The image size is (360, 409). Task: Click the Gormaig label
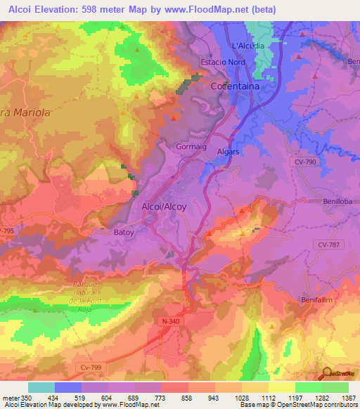pyautogui.click(x=190, y=146)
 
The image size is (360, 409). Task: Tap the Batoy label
pyautogui.click(x=124, y=231)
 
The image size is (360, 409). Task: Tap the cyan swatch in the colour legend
pyautogui.click(x=41, y=387)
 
